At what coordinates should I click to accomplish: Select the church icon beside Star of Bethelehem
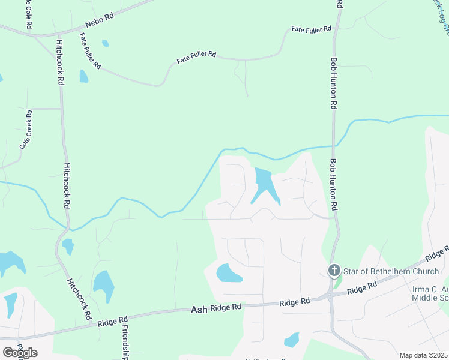click(334, 271)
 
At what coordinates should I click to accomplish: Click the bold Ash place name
click(199, 310)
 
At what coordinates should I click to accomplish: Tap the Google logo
click(20, 352)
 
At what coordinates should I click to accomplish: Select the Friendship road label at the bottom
click(124, 340)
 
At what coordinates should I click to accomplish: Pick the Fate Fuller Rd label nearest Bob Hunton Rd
click(311, 29)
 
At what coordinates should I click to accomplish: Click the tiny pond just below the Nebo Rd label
click(106, 43)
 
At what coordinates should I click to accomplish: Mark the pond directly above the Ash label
click(229, 273)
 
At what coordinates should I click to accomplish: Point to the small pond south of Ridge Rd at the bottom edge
click(291, 340)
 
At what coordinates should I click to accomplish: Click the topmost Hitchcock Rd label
click(60, 62)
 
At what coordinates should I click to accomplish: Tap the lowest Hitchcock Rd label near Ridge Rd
click(79, 298)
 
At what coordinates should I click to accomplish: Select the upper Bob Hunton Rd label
click(333, 83)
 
